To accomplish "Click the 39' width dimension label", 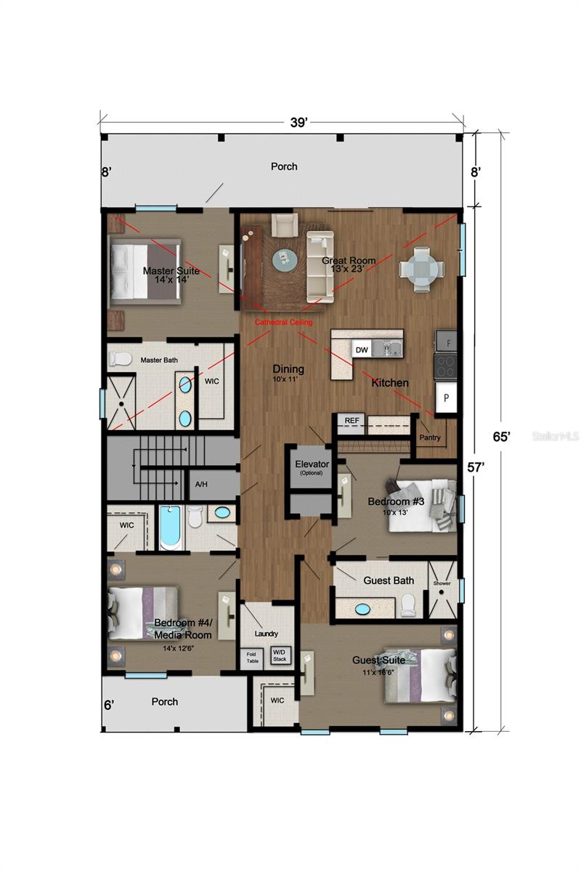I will (x=298, y=123).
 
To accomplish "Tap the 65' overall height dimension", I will (x=502, y=436).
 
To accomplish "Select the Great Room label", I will (x=349, y=261).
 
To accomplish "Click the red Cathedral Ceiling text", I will (x=284, y=322).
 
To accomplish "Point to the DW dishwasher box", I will (x=362, y=350).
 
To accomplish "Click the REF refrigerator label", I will (x=352, y=421).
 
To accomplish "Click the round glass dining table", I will (x=421, y=269).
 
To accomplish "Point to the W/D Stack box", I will (x=280, y=655).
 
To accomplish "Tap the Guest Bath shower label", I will (x=442, y=584).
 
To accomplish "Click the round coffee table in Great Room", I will (x=284, y=258).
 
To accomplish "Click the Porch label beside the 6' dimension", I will (x=164, y=702).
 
